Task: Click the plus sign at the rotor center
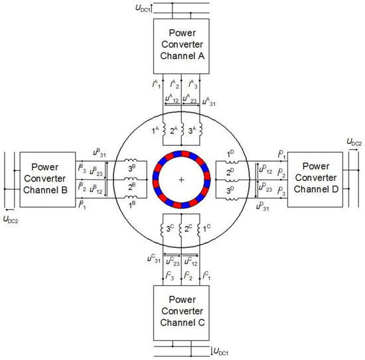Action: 181,180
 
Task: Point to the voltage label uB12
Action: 98,191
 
